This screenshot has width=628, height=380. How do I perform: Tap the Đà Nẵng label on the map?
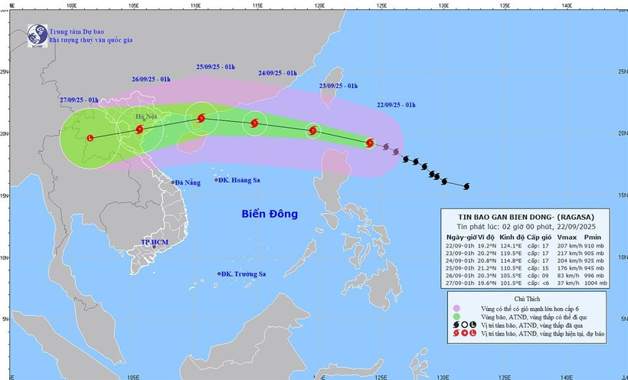186,182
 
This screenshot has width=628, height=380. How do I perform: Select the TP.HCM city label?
154,242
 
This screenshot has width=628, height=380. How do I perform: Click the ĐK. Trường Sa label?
243,274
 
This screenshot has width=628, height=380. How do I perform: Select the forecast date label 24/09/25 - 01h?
277,72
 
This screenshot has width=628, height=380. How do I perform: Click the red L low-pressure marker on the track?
90,138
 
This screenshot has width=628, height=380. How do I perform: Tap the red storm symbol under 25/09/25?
201,118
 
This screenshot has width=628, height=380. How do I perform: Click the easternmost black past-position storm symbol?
466,185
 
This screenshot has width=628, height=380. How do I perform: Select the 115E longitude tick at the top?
257,5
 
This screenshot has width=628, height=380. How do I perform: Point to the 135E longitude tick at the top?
505,5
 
